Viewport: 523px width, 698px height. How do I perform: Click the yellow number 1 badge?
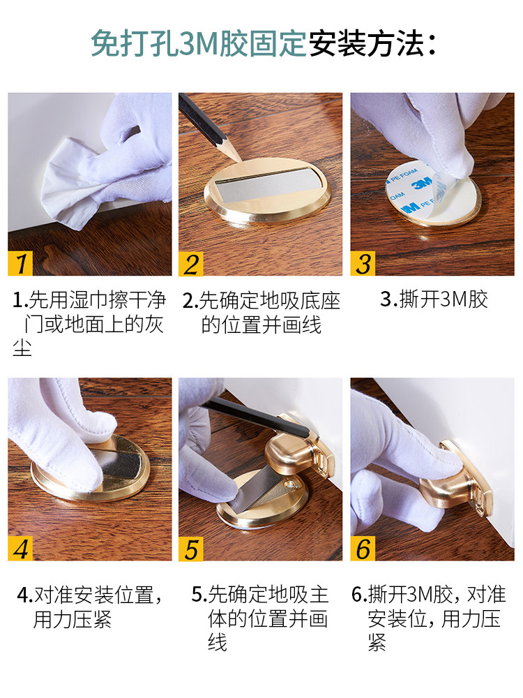point(21,263)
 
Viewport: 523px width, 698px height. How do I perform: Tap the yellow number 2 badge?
point(191,263)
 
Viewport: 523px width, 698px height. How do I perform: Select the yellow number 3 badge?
point(363,263)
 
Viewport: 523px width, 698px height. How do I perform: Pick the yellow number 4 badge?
point(21,548)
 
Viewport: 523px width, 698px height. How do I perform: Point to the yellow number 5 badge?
point(191,548)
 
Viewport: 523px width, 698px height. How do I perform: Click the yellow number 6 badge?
point(363,548)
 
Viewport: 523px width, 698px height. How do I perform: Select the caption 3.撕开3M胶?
point(434,300)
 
